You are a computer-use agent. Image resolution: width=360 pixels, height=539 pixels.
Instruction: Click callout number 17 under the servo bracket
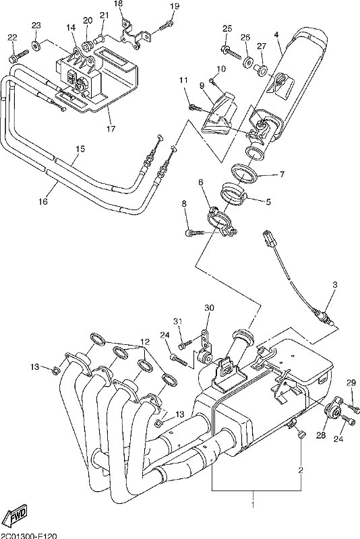(x=110, y=129)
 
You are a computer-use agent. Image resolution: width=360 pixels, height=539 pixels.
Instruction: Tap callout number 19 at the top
(x=174, y=6)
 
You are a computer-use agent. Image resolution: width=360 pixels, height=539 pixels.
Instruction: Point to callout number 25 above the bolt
(x=227, y=28)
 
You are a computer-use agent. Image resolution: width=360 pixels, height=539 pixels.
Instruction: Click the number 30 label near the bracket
(x=208, y=308)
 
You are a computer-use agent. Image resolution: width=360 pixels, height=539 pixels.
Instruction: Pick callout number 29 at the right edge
(x=351, y=383)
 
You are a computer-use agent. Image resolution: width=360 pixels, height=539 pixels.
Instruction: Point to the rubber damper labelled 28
(x=333, y=412)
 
